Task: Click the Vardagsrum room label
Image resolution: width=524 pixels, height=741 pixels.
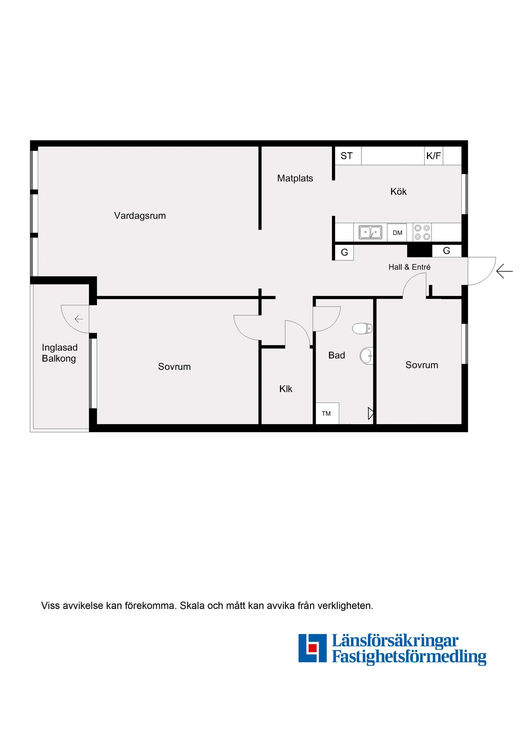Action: coord(140,216)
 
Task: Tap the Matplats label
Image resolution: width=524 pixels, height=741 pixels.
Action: coord(295,178)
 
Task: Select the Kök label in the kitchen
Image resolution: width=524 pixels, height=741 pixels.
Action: coord(398,191)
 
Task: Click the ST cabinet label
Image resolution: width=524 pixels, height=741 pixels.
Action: coord(346,156)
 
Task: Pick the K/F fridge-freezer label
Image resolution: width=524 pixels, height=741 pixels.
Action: coord(433,156)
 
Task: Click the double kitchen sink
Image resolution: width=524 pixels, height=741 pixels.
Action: coord(370,232)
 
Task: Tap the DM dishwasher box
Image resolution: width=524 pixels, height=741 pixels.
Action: coord(397,233)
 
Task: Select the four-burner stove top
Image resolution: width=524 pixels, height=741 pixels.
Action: coord(422,232)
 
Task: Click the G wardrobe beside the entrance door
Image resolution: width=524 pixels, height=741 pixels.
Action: coord(446,250)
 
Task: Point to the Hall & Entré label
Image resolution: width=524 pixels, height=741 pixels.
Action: coord(409,267)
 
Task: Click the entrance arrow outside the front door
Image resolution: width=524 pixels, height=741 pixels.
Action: coord(504,271)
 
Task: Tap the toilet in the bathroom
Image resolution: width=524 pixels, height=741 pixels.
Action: coord(362,329)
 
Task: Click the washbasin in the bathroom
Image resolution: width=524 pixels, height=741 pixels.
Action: coord(367,356)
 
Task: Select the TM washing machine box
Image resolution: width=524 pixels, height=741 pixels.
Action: coord(326,413)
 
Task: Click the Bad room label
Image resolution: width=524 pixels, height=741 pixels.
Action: coord(336,355)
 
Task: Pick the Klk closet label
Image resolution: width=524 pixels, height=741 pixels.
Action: coord(286,389)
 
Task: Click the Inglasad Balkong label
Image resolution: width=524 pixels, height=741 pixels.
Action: coord(59,353)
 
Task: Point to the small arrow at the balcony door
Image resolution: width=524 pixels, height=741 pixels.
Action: coord(79,319)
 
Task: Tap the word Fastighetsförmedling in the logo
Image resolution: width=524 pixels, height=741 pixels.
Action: coord(409,657)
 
